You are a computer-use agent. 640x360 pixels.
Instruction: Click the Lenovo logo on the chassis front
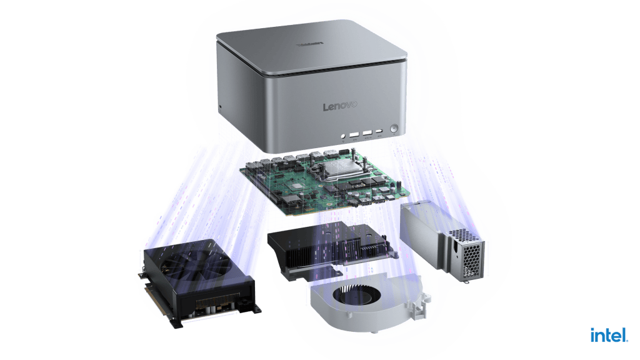340,106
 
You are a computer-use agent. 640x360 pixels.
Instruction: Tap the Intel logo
609,335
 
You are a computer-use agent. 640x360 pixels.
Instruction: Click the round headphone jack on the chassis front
343,136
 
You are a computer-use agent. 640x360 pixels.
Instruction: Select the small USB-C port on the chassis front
379,131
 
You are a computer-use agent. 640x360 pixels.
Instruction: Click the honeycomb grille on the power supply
469,253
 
